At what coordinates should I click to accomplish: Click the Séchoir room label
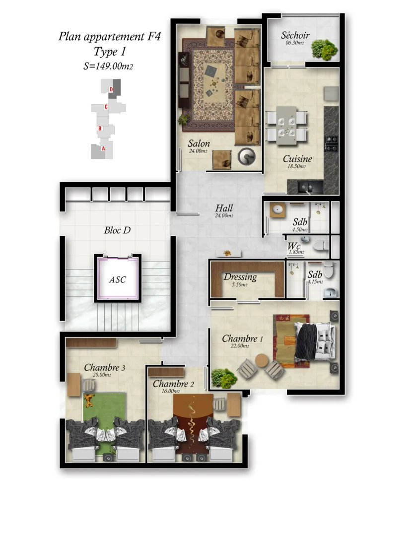pyautogui.click(x=295, y=35)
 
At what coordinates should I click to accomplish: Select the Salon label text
pyautogui.click(x=199, y=144)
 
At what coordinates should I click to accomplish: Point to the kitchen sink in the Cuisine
pyautogui.click(x=305, y=187)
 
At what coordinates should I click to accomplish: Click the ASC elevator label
pyautogui.click(x=118, y=279)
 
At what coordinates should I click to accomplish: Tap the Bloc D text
pyautogui.click(x=117, y=230)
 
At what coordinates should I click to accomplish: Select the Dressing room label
pyautogui.click(x=240, y=277)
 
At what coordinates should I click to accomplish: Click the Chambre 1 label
pyautogui.click(x=242, y=338)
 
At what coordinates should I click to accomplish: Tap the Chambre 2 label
pyautogui.click(x=173, y=384)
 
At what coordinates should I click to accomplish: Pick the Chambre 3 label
pyautogui.click(x=104, y=368)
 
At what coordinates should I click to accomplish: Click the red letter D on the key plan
pyautogui.click(x=112, y=89)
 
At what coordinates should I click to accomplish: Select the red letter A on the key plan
pyautogui.click(x=103, y=148)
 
